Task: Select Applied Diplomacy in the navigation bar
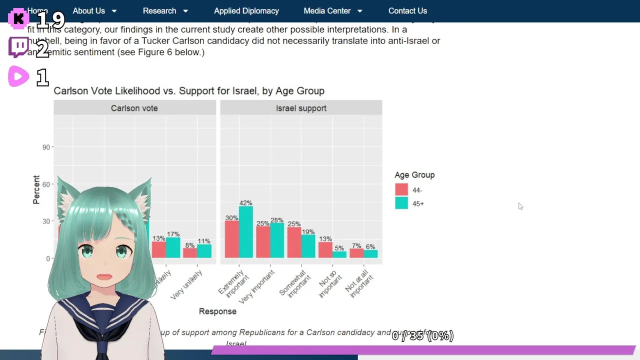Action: click(x=246, y=11)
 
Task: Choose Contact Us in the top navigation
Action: click(x=407, y=11)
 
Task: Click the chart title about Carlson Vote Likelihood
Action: click(x=189, y=91)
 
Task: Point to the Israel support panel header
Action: click(x=301, y=108)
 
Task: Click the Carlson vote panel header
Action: click(x=134, y=108)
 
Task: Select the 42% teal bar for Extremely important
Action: click(x=245, y=232)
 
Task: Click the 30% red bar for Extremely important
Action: click(x=231, y=239)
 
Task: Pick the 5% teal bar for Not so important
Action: click(x=339, y=254)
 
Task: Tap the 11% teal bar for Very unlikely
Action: click(x=204, y=251)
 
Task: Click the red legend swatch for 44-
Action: click(x=401, y=190)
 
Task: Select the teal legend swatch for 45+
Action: click(x=401, y=203)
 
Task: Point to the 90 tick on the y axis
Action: click(x=46, y=147)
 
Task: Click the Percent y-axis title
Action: click(x=36, y=189)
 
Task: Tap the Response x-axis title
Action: click(x=217, y=311)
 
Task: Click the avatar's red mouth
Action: click(x=104, y=276)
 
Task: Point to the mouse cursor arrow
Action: click(x=520, y=206)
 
